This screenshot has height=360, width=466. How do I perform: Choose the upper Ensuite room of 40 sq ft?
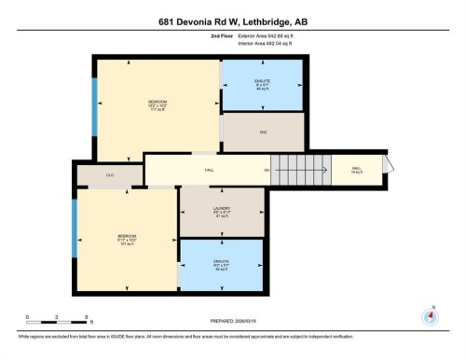coord(262,85)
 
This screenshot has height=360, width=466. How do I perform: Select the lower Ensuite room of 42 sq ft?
coord(222,264)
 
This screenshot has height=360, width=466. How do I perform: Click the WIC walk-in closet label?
coord(263,132)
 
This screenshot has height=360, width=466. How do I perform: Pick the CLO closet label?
coord(109,174)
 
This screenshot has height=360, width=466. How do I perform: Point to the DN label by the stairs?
coord(267,170)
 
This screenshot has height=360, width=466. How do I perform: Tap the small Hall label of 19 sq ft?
coord(356,170)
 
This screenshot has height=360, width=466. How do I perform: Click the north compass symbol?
coord(430,314)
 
